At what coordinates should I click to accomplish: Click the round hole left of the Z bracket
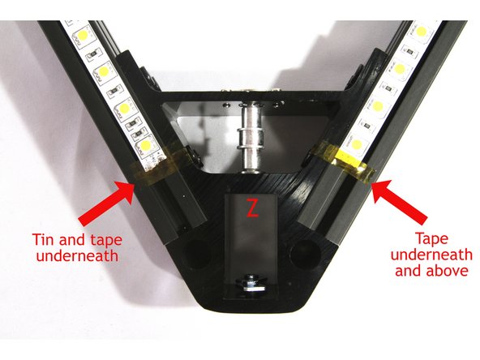(x=197, y=251)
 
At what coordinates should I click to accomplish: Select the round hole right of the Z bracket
(x=305, y=250)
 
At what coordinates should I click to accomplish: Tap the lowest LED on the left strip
(x=146, y=145)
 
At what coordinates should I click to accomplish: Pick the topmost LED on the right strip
(x=422, y=32)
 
